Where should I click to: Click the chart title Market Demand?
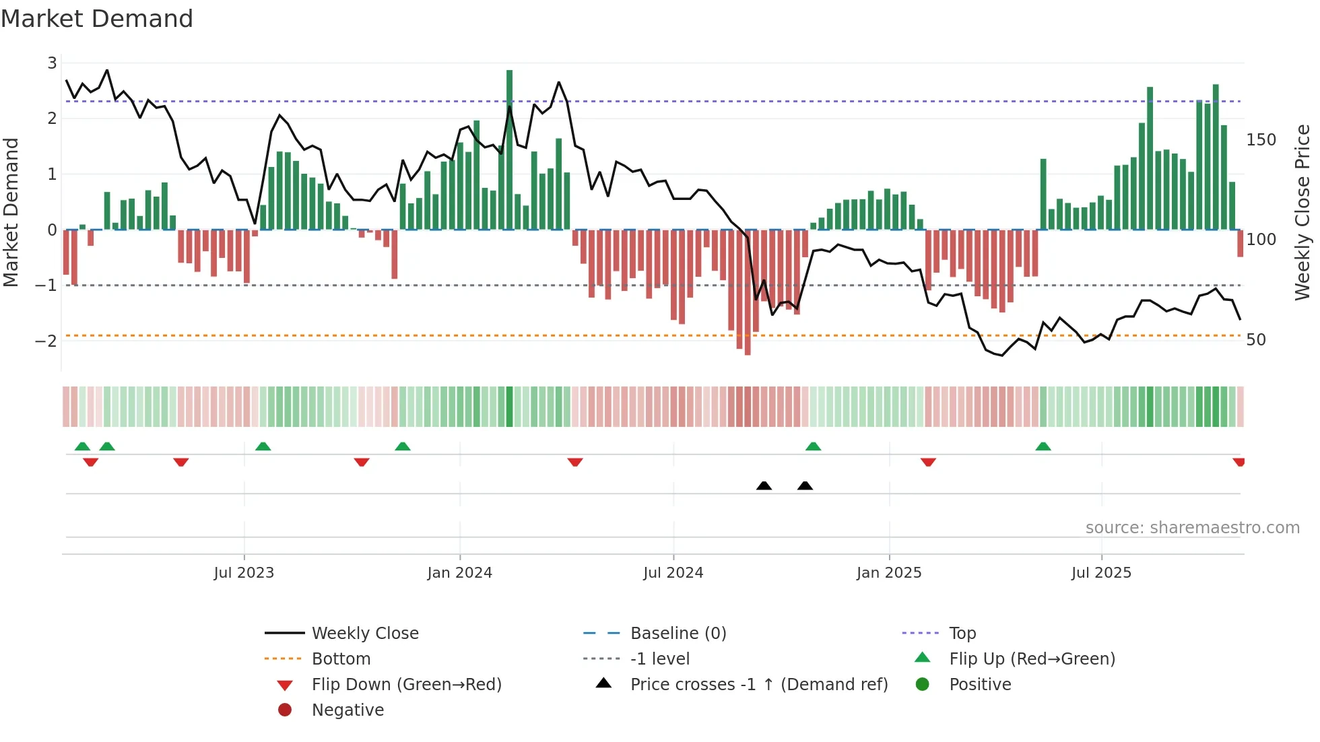pos(97,19)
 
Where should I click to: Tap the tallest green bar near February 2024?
pos(509,148)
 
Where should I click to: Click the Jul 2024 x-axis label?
pos(673,573)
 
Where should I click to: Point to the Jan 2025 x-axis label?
pos(889,573)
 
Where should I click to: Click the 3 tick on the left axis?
pos(52,63)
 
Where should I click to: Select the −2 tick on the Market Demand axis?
pos(46,341)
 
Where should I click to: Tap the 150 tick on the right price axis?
pos(1261,140)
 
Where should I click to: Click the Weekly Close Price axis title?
pos(1302,212)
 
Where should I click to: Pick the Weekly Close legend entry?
pos(364,634)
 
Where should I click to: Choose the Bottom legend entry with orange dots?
pos(341,659)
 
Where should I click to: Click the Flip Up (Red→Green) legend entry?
pos(1032,659)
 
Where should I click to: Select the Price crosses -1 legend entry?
pos(758,685)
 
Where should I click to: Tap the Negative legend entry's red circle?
pos(285,710)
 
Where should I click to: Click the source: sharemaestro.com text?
pos(1192,528)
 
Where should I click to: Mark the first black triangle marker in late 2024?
pos(764,485)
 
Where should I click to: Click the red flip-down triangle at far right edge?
pos(1239,462)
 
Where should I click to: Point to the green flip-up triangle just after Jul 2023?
pos(263,446)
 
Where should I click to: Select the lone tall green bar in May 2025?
pos(1043,195)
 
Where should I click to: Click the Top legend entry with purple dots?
pos(962,634)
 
